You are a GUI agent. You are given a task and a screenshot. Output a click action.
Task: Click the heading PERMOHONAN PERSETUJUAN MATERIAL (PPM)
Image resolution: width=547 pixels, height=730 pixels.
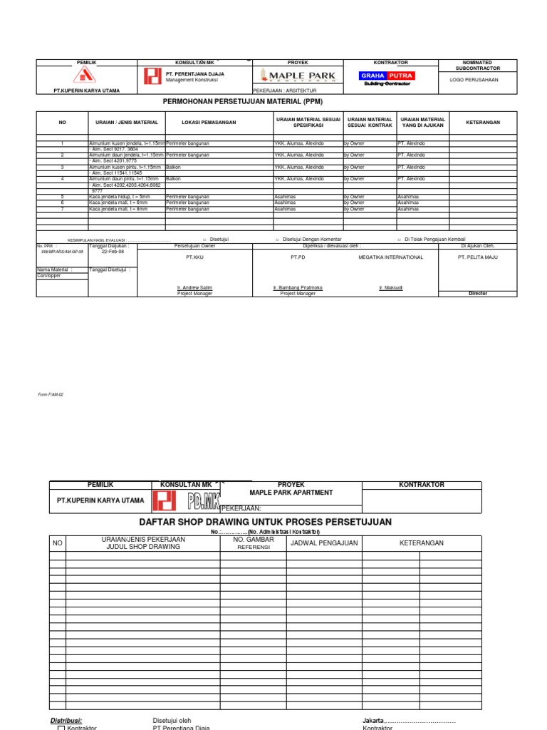(248, 102)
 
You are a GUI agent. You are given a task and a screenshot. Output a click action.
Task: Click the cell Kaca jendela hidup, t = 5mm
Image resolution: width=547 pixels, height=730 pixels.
(120, 196)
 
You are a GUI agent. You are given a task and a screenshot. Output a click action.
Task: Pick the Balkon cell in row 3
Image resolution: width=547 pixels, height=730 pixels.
(173, 167)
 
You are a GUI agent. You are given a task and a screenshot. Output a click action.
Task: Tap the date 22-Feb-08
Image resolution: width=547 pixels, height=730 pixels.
(113, 252)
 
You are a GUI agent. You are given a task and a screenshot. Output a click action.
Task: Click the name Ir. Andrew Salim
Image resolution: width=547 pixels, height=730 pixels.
(194, 288)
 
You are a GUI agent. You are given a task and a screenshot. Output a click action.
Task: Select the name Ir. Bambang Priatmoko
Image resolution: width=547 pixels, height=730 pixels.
(298, 288)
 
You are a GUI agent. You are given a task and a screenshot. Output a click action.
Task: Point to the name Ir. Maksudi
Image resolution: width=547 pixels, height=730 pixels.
(391, 288)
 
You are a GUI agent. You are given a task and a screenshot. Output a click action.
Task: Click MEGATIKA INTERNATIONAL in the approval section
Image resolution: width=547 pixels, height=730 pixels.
(390, 257)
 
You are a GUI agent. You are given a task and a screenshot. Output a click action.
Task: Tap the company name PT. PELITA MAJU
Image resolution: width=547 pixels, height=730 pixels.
(477, 257)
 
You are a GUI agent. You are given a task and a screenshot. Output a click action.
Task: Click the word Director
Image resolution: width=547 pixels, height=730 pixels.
(477, 293)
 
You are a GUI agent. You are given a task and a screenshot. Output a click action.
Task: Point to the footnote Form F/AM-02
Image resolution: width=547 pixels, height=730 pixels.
(51, 394)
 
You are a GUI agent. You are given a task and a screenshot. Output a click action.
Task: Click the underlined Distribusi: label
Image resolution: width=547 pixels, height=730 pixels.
(66, 720)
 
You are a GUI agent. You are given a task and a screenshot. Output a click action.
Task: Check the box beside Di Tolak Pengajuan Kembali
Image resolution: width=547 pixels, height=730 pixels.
(399, 240)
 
